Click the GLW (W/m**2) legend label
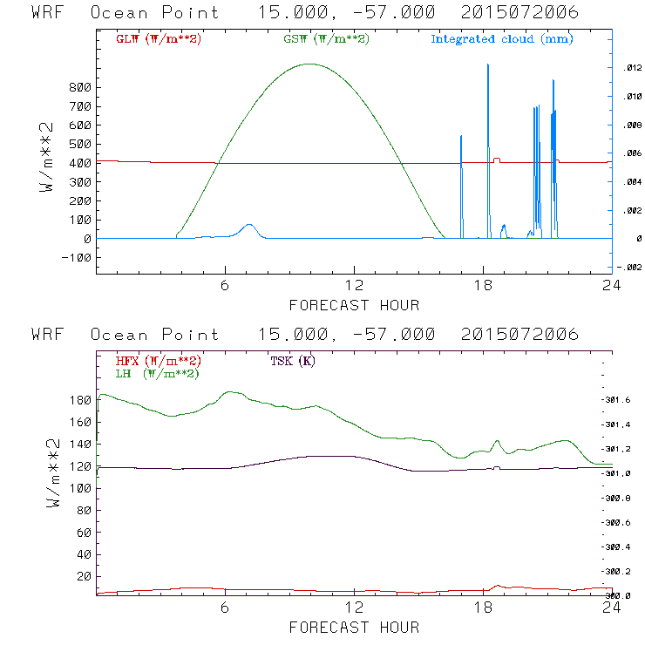(x=158, y=39)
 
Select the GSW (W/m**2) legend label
(x=325, y=39)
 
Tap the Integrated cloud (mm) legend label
(x=502, y=39)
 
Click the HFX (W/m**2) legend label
(x=158, y=361)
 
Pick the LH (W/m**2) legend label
(x=158, y=373)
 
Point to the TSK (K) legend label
(x=294, y=361)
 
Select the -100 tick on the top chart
(x=78, y=258)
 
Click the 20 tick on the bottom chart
(x=84, y=576)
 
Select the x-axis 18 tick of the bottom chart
(x=483, y=608)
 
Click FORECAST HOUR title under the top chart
(x=354, y=305)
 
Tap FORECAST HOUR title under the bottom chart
(x=354, y=627)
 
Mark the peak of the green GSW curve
(x=309, y=64)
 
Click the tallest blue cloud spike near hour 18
(x=487, y=65)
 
